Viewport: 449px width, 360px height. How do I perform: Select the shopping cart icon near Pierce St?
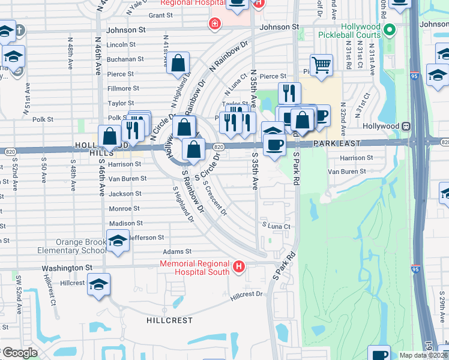[322, 65]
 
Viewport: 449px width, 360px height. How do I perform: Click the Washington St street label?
[67, 268]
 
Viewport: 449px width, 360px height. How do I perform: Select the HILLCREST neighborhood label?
[169, 320]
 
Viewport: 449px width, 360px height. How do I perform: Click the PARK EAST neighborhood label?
[336, 143]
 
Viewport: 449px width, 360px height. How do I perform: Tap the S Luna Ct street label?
[276, 226]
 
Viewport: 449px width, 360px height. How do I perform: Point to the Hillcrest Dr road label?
[247, 295]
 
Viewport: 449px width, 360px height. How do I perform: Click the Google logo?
[19, 353]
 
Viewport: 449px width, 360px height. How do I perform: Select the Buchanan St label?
[124, 59]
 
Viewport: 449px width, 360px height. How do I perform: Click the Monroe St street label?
[124, 208]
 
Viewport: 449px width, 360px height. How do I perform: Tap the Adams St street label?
[179, 252]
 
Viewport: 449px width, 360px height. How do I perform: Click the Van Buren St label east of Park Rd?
[346, 172]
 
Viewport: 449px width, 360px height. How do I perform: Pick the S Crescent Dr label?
[214, 199]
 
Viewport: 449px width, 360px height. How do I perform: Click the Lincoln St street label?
[121, 45]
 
